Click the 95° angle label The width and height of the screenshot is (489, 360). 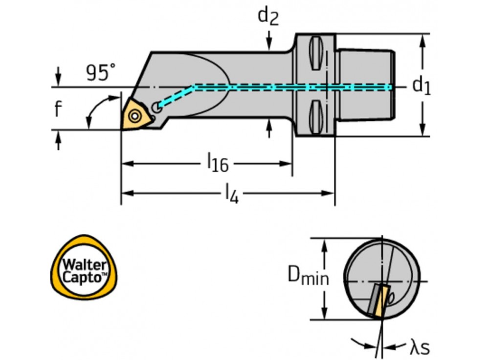tap(101, 73)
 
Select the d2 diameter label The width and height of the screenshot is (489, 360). tap(268, 16)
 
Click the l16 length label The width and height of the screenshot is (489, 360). tap(218, 163)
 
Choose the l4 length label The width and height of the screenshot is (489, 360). tap(231, 194)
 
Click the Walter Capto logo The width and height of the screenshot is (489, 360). tap(84, 270)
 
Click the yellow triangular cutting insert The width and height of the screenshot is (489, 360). tap(134, 114)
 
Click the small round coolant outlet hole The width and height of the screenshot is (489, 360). tap(156, 106)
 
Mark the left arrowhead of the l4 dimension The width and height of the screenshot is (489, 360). tap(125, 193)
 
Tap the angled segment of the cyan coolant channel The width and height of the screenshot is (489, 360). tap(176, 96)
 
